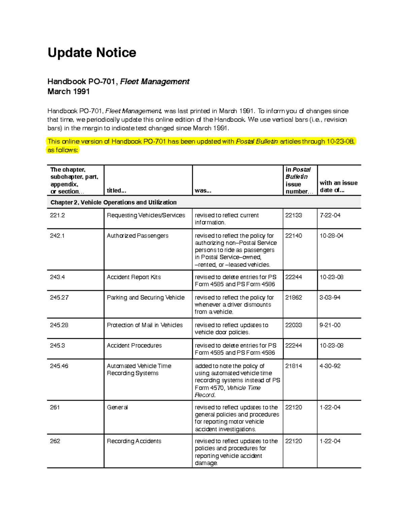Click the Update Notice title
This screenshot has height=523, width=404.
click(92, 53)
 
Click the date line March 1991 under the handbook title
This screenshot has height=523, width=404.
click(68, 92)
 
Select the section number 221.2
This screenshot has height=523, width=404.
click(57, 215)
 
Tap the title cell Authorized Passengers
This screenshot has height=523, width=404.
click(137, 236)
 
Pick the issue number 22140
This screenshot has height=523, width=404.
click(294, 236)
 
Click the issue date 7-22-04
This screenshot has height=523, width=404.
click(330, 215)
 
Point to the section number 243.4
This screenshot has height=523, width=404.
click(57, 277)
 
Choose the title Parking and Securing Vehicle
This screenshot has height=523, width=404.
click(145, 297)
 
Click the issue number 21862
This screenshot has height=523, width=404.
click(294, 297)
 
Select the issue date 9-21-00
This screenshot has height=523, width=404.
click(330, 325)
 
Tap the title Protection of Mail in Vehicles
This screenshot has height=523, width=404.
click(144, 325)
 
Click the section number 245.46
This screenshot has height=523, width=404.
click(59, 366)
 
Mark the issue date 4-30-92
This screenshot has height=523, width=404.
click(330, 366)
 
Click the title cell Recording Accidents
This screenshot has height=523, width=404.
click(134, 441)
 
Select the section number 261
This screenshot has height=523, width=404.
click(55, 407)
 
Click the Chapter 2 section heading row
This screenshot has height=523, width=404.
click(113, 202)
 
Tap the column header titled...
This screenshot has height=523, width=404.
click(116, 191)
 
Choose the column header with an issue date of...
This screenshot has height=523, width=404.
click(338, 186)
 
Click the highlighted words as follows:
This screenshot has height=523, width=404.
click(63, 150)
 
